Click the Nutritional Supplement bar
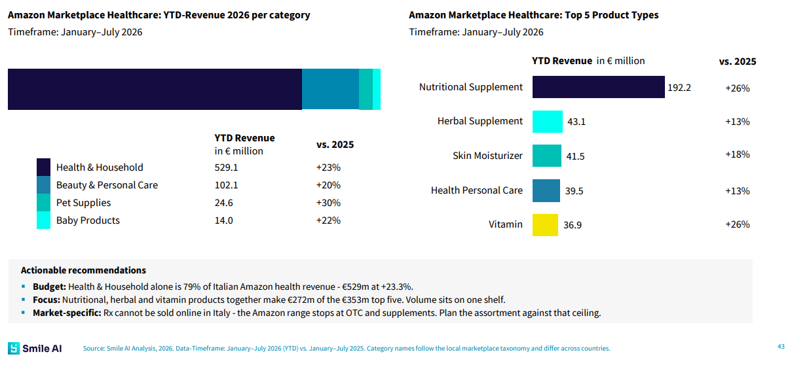598,87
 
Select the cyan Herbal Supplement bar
548,122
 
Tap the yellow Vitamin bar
545,225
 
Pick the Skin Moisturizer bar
546,156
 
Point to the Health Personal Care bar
546,190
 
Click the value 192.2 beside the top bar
679,88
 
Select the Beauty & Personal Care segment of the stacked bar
330,90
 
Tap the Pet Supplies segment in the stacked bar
366,90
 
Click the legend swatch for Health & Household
43,167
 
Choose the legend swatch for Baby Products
43,220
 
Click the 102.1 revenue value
226,185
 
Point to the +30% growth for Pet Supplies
328,203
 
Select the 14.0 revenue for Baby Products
224,220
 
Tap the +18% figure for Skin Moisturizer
737,154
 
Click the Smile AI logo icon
14,349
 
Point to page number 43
781,347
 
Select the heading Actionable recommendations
83,270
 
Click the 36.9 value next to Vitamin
573,225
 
